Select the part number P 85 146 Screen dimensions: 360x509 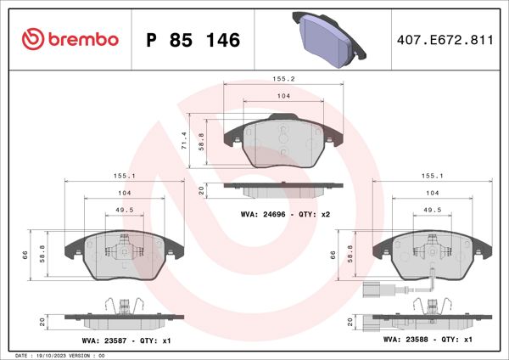tap(193, 40)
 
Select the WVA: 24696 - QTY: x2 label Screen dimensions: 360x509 tap(284, 215)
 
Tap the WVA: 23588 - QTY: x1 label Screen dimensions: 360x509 tap(428, 339)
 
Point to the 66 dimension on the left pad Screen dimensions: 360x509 tap(25, 255)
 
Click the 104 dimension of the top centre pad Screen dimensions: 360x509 tap(282, 97)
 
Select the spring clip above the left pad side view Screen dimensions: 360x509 tap(125, 303)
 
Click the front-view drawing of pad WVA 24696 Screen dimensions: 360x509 tap(282, 144)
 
